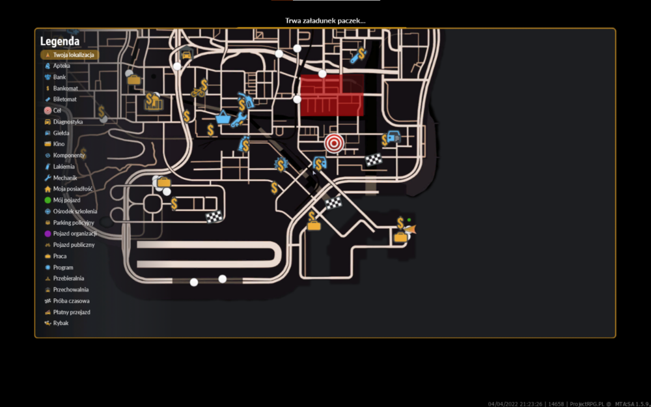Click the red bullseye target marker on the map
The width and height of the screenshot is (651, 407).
click(334, 144)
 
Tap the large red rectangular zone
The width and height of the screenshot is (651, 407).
click(332, 96)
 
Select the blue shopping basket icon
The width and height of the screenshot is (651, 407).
click(223, 118)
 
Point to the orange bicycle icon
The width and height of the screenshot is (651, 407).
click(198, 91)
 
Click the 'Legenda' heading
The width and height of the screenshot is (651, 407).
click(60, 42)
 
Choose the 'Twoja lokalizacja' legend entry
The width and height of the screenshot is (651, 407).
click(70, 55)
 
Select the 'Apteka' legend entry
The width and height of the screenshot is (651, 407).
click(57, 66)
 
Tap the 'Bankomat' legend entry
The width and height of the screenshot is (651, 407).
click(61, 88)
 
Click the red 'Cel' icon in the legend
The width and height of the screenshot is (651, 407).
click(48, 111)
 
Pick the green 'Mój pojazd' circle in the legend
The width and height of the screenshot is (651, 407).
click(48, 200)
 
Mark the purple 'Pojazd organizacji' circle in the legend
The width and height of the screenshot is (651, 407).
click(48, 234)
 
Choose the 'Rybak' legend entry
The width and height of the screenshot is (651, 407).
click(57, 323)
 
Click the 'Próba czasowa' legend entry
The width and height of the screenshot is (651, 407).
click(67, 301)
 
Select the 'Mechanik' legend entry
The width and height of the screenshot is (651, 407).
click(61, 178)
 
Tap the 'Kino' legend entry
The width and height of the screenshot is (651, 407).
click(55, 144)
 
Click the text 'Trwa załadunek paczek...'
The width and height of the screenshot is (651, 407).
click(325, 21)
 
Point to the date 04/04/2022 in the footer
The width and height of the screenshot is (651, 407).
click(501, 404)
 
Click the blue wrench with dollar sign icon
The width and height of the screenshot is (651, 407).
click(358, 55)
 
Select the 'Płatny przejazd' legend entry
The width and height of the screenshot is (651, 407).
click(67, 312)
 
